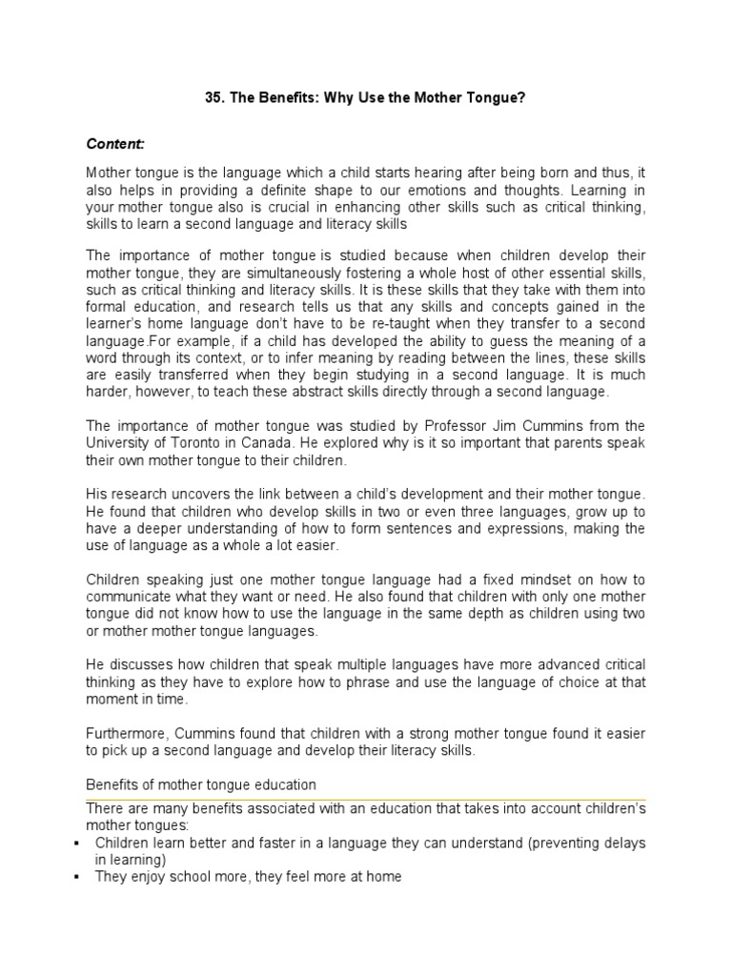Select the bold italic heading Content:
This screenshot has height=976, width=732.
(115, 144)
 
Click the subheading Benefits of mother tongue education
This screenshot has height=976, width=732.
(201, 783)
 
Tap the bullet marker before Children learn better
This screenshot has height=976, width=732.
(75, 844)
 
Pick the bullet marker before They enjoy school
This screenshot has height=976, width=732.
(75, 878)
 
